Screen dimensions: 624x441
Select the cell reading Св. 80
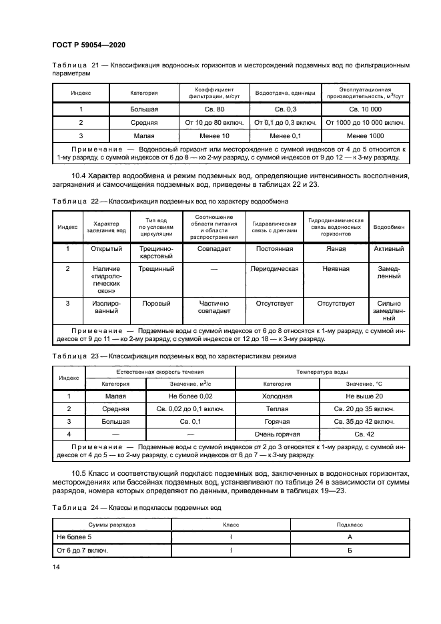click(x=213, y=108)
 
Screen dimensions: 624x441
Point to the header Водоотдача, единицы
click(x=285, y=93)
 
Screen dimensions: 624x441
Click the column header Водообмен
click(x=388, y=227)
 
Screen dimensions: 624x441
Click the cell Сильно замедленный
click(x=388, y=310)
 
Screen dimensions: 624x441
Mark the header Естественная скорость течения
click(x=160, y=372)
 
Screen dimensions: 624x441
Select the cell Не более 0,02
click(x=190, y=396)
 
